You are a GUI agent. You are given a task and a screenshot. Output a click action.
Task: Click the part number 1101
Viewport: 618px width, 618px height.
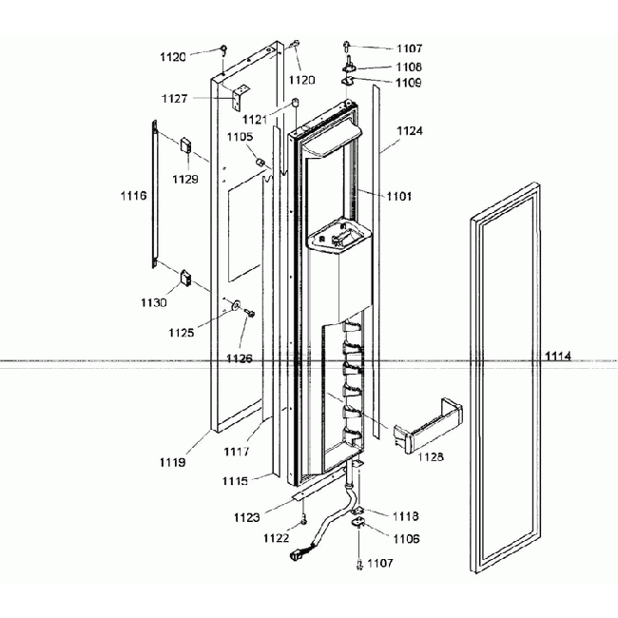tap(399, 197)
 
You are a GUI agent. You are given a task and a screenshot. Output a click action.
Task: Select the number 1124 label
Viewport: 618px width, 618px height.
tap(410, 129)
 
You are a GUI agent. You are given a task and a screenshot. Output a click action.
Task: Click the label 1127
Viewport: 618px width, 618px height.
tap(175, 98)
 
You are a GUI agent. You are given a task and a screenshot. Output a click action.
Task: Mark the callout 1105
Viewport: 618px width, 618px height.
tap(240, 137)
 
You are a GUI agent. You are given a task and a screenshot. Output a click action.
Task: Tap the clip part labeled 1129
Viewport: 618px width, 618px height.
tap(186, 145)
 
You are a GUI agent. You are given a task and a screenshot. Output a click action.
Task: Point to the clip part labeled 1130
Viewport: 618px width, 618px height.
tap(187, 280)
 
